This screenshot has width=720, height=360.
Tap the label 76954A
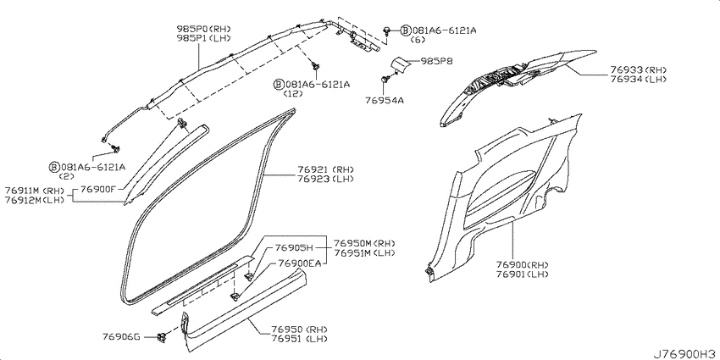pos(385,100)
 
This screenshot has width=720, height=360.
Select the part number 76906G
pos(121,336)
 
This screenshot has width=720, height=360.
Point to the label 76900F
pos(99,189)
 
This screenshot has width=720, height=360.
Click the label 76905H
pos(294,248)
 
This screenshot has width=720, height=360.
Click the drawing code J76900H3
pos(685,354)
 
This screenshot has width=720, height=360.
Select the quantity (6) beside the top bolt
pos(418,40)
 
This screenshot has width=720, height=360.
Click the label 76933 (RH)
pos(638,69)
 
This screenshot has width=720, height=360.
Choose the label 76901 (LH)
pos(522,274)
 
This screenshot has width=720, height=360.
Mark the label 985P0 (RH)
pos(204,29)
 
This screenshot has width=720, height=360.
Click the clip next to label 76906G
pos(162,337)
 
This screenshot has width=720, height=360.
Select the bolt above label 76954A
pos(384,80)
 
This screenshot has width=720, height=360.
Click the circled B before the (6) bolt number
pos(405,30)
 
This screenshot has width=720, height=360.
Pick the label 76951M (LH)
pos(364,253)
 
